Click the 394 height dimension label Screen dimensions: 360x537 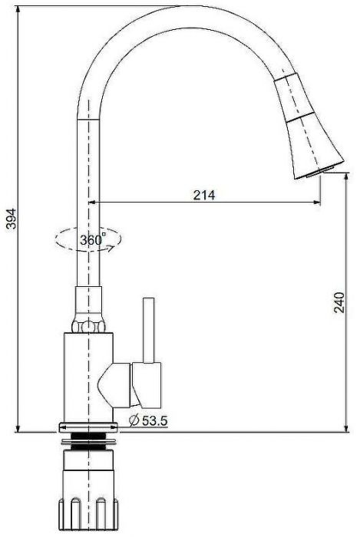[11, 219]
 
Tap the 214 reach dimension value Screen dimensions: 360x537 [204, 195]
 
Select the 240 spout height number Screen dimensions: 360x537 [339, 302]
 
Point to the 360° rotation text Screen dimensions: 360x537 [93, 239]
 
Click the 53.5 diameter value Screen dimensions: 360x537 [155, 420]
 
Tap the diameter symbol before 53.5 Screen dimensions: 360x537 [134, 420]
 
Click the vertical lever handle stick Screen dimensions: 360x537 [149, 330]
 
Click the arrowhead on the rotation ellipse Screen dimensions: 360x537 [111, 248]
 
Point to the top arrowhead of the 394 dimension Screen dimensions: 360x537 [18, 9]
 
